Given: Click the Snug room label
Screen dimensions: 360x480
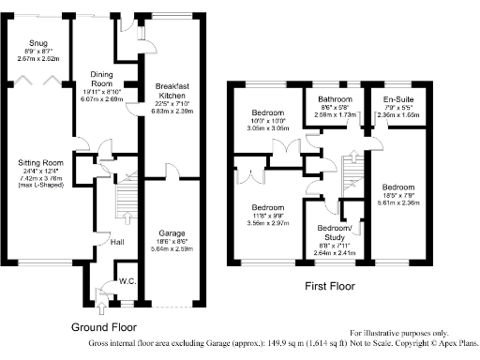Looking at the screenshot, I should click(38, 43).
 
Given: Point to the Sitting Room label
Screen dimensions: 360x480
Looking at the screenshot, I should click(40, 161).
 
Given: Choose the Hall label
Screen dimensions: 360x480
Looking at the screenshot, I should click(116, 242).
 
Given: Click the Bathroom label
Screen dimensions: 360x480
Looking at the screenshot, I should click(334, 98).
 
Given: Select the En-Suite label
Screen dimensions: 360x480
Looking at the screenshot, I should click(400, 98).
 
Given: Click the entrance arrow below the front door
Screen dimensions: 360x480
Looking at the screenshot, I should click(102, 307).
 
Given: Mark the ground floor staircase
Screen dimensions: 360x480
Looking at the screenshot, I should click(122, 202).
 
